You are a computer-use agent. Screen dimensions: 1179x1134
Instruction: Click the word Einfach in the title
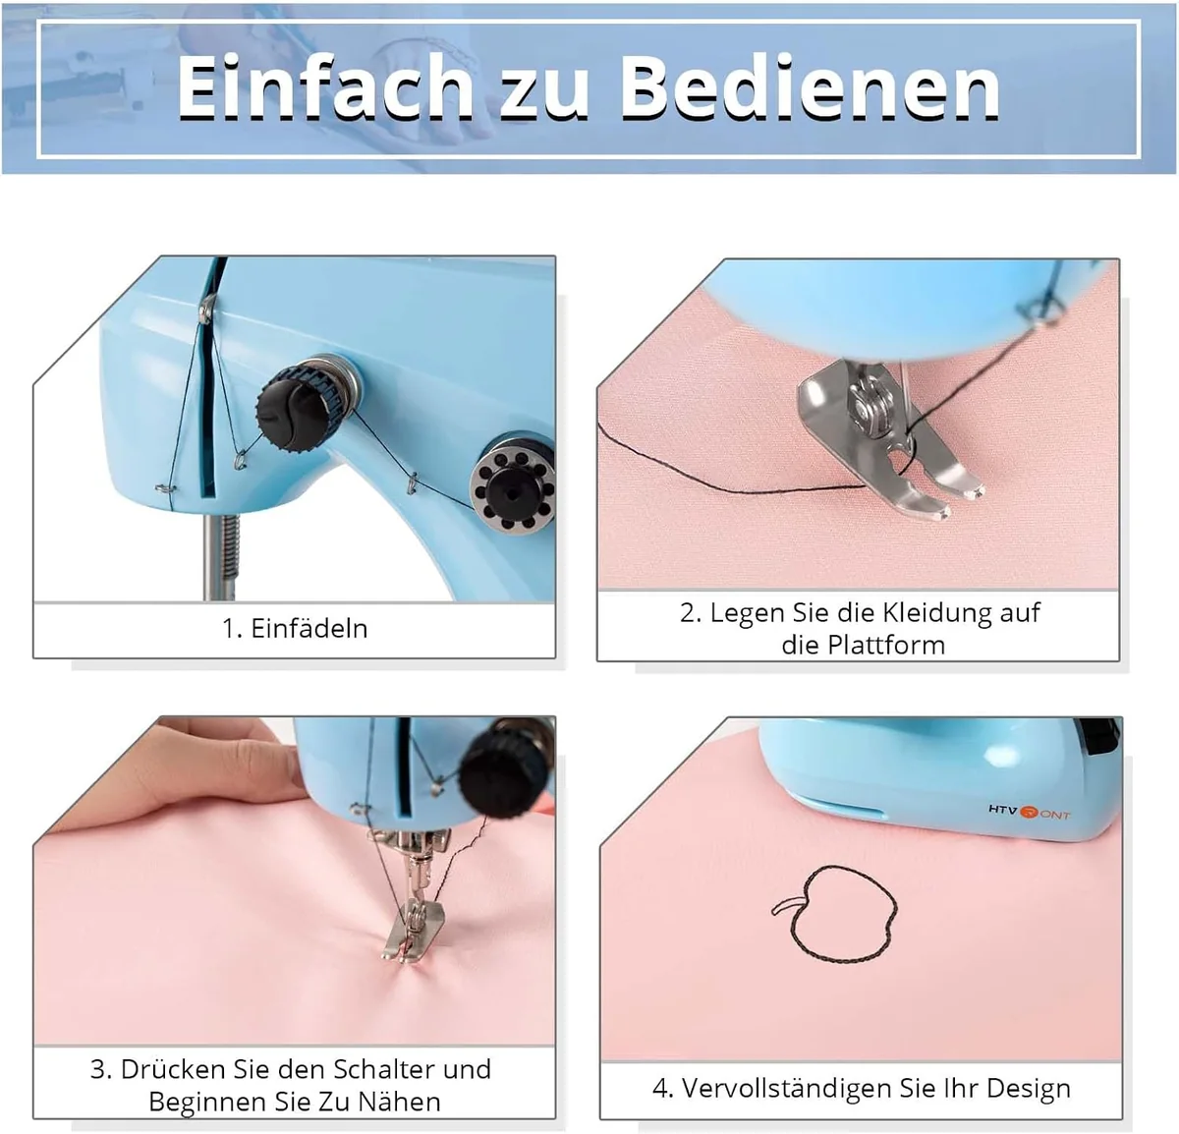point(324,87)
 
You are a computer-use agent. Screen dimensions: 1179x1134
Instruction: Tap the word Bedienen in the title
point(810,87)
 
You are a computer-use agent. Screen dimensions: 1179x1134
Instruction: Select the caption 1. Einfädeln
point(295,629)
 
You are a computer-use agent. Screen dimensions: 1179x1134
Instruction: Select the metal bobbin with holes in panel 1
point(514,484)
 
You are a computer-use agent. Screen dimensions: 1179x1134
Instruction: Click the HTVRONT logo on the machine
point(1029,812)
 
